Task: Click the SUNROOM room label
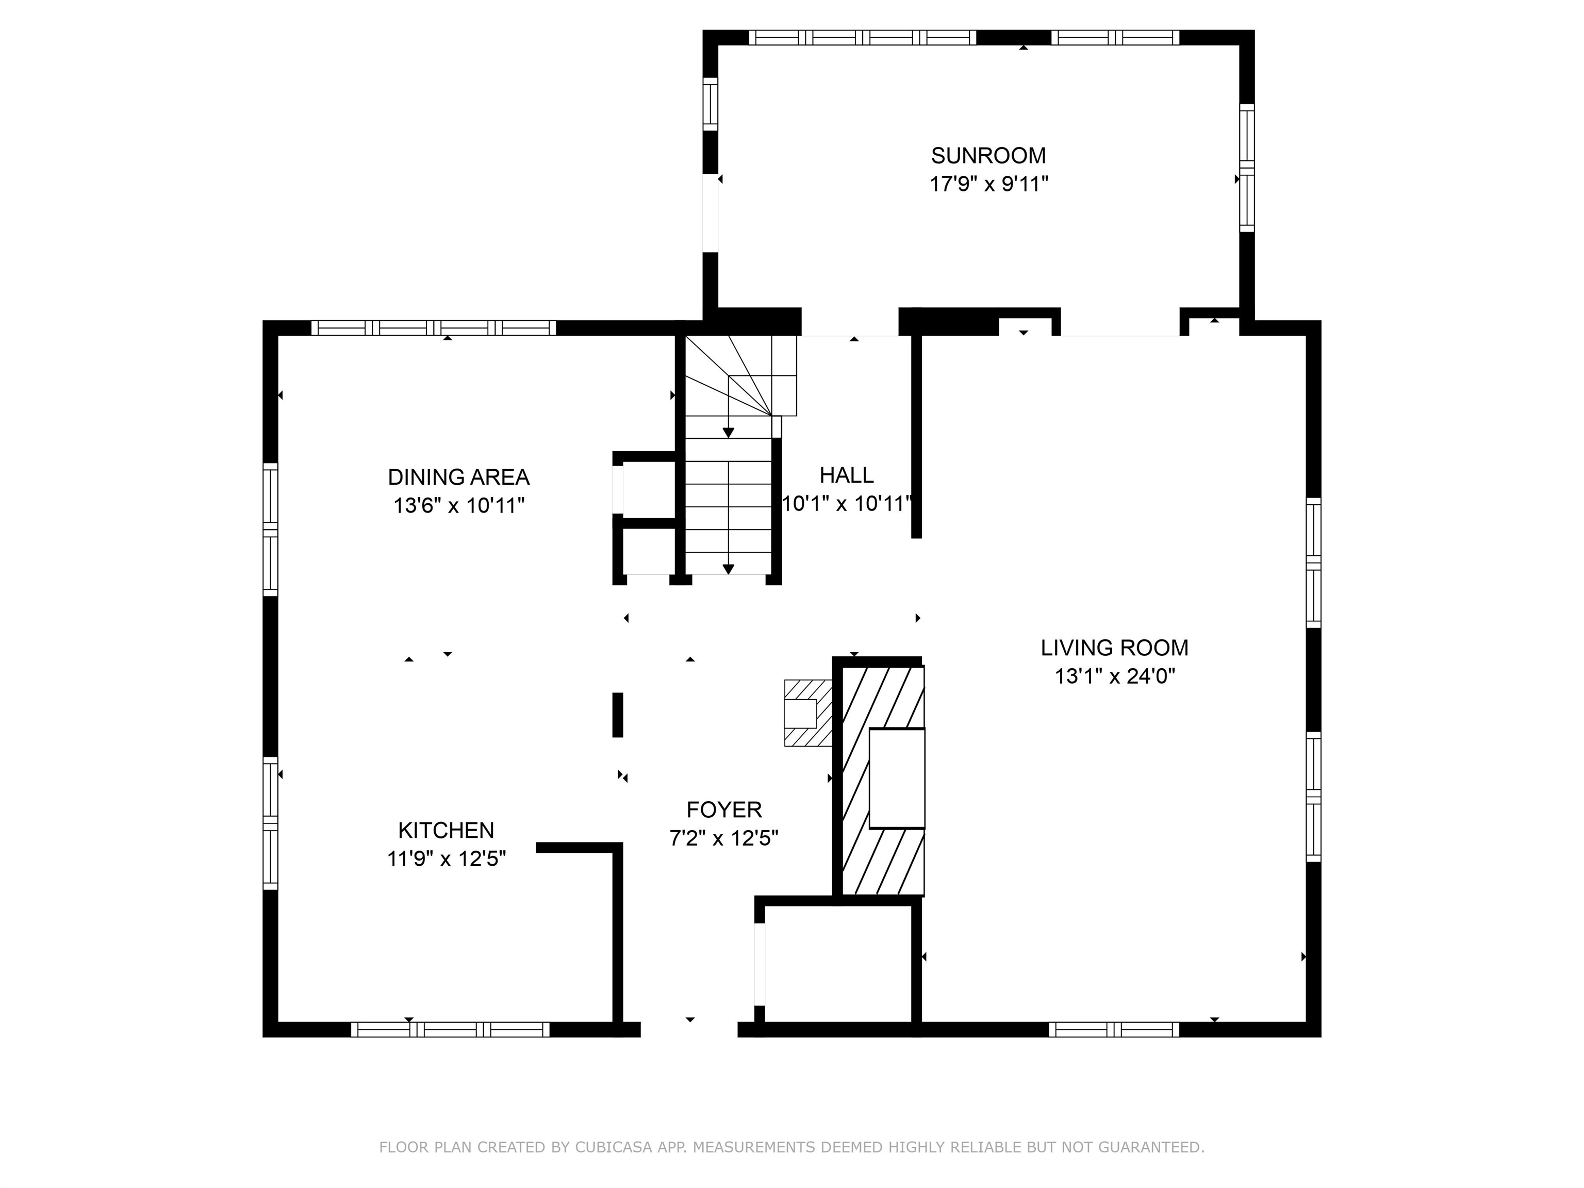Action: [988, 155]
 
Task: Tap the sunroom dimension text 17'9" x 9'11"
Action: [988, 185]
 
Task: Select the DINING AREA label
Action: [458, 477]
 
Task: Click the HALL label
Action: [847, 475]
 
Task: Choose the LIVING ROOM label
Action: [1114, 648]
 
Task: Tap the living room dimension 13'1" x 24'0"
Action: [1114, 676]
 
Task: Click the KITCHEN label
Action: [446, 831]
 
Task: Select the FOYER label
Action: [724, 810]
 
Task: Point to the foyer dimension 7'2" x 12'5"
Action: [724, 838]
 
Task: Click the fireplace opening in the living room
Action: [897, 779]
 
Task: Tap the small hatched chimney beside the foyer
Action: [808, 713]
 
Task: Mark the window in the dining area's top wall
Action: [433, 328]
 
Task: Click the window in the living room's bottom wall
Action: [1114, 1030]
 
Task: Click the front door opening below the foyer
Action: [689, 1030]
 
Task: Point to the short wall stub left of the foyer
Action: [617, 715]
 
